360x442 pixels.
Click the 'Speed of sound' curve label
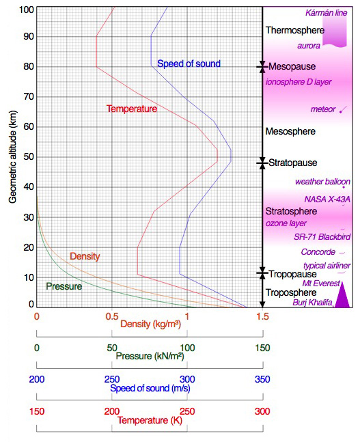189,64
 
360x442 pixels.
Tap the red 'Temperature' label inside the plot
132,109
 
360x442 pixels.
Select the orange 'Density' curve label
85,256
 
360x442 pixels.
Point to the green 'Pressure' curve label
64,286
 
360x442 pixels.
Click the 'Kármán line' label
326,13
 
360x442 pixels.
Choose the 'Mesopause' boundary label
292,66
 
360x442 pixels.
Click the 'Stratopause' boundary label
292,163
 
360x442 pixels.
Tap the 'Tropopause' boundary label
292,274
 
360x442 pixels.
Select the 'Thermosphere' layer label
295,30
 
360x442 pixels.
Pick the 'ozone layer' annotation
286,223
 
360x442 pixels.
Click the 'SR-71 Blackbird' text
322,237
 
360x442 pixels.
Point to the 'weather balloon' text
322,182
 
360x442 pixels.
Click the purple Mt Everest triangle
342,295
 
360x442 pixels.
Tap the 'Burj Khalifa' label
312,303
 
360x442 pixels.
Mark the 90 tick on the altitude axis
29,36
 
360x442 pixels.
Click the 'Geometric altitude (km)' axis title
13,156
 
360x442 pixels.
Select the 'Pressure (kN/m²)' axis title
150,356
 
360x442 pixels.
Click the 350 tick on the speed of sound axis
262,379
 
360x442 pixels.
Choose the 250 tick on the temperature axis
187,411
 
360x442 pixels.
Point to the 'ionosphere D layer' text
299,82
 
